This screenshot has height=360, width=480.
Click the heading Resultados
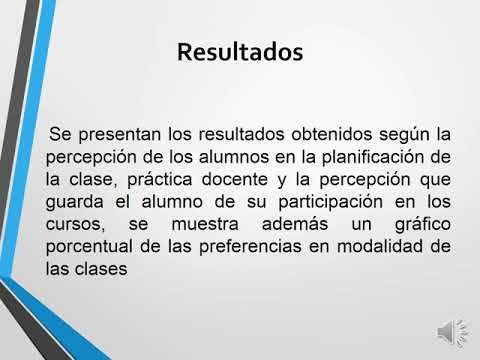coord(239,52)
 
